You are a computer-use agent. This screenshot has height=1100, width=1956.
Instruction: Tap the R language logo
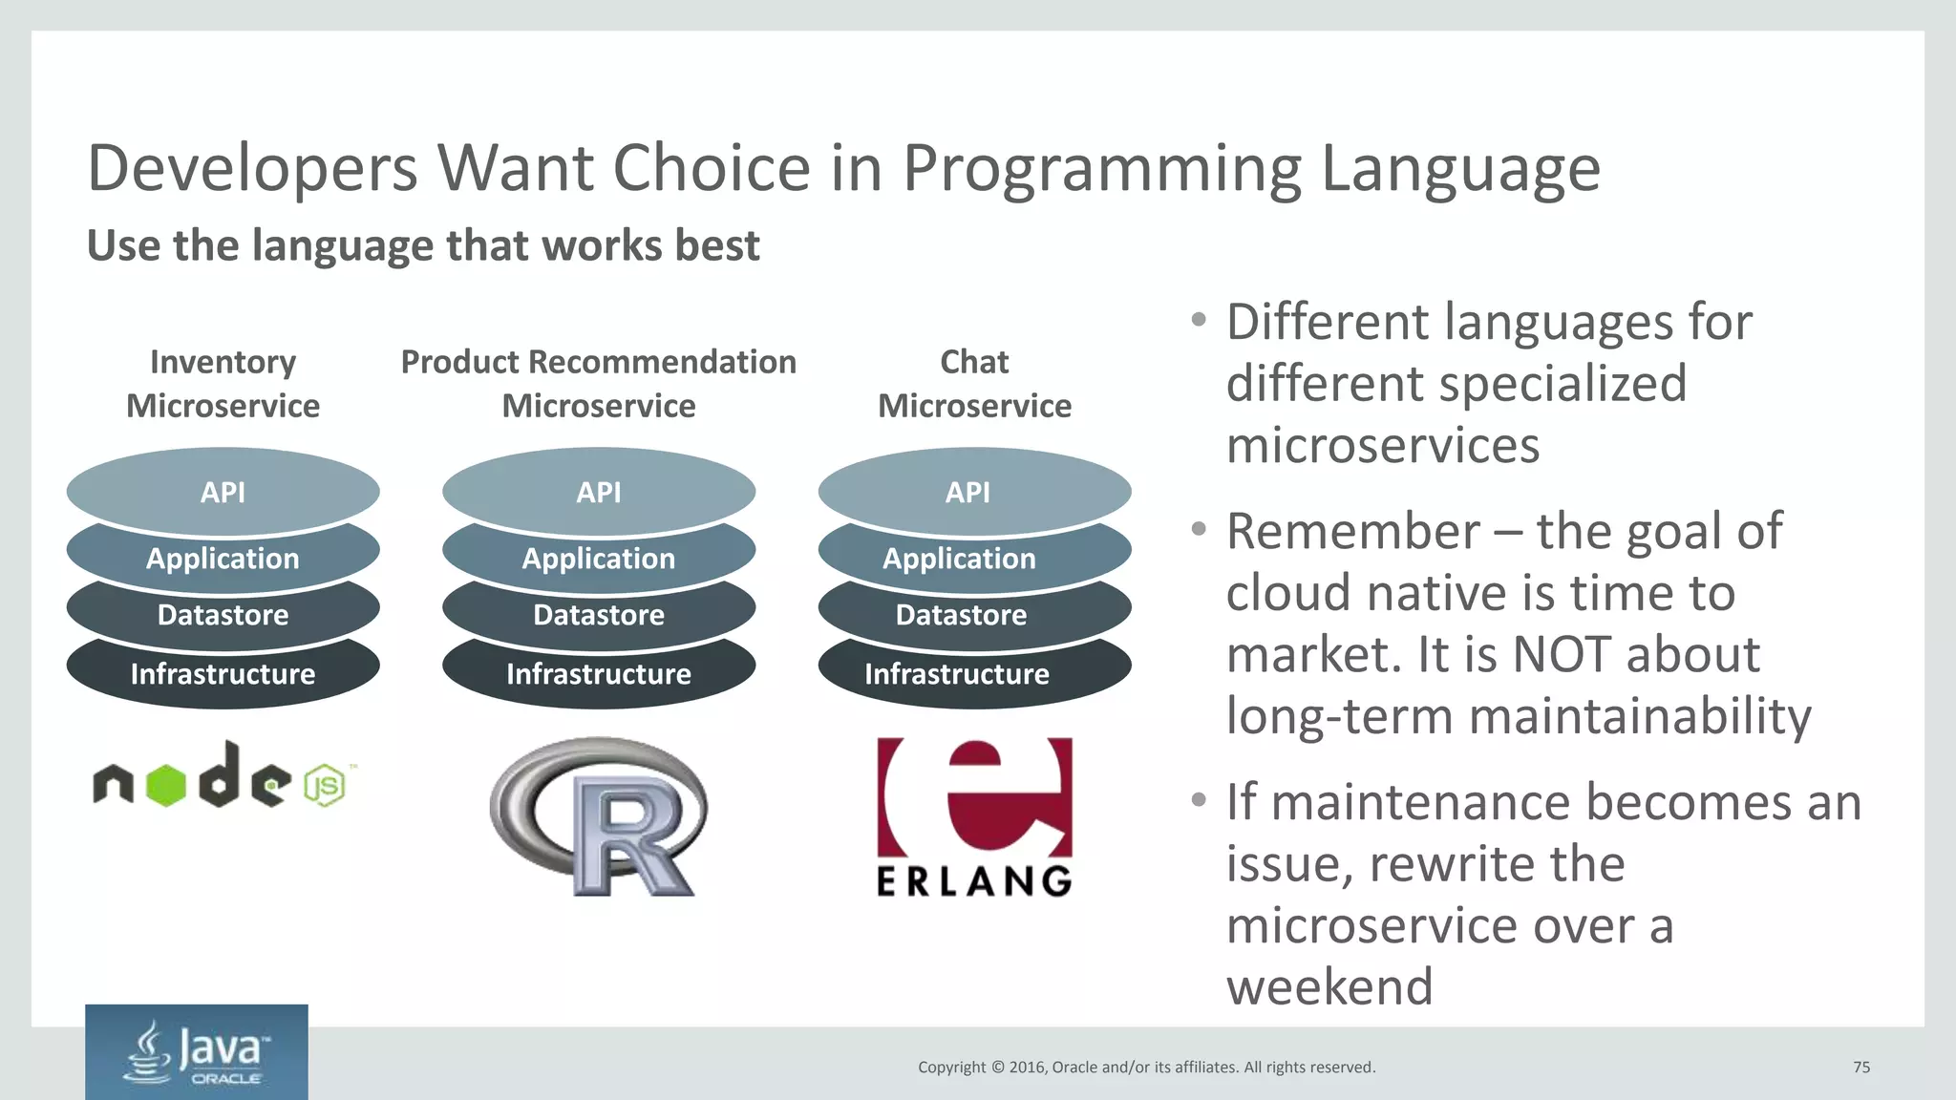(x=599, y=816)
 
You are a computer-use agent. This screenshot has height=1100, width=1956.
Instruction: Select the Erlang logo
(x=974, y=816)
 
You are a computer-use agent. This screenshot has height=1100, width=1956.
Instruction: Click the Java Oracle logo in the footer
(x=197, y=1052)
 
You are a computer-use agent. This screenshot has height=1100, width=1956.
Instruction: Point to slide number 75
(x=1860, y=1068)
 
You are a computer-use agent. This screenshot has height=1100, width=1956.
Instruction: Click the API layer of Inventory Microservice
(x=223, y=492)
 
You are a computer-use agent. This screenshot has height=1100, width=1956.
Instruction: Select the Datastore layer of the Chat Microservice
(x=961, y=615)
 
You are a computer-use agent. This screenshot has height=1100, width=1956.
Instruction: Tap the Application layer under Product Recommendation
(x=599, y=559)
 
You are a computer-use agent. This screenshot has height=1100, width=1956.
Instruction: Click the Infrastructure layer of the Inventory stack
(x=223, y=674)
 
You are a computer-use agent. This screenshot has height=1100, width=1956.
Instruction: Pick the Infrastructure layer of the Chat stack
(x=957, y=674)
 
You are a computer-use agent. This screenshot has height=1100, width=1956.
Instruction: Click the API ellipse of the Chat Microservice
(x=968, y=492)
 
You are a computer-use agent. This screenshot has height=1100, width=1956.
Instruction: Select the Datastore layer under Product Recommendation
(x=599, y=615)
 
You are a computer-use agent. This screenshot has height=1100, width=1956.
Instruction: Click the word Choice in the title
(x=712, y=168)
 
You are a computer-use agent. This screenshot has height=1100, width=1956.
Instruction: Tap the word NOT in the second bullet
(x=1564, y=655)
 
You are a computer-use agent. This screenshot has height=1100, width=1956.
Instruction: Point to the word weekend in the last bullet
(x=1329, y=986)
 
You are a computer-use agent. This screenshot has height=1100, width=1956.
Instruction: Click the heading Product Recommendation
(x=599, y=362)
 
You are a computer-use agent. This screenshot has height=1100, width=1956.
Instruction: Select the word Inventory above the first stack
(x=223, y=362)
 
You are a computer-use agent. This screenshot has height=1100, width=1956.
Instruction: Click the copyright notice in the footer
(x=1146, y=1068)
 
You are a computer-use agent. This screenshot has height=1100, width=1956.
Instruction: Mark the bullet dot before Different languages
(x=1198, y=320)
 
